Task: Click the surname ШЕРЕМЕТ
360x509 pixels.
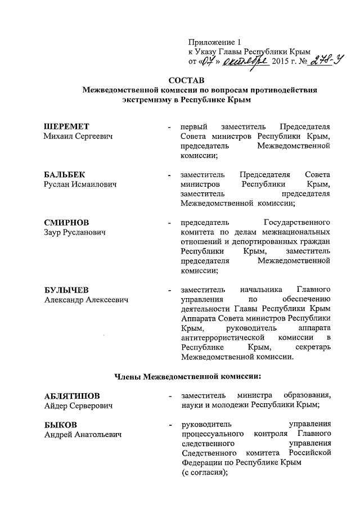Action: point(67,126)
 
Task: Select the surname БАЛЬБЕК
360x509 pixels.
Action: point(65,174)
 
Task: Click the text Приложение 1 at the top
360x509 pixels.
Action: point(214,41)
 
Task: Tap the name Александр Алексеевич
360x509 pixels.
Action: point(87,300)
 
